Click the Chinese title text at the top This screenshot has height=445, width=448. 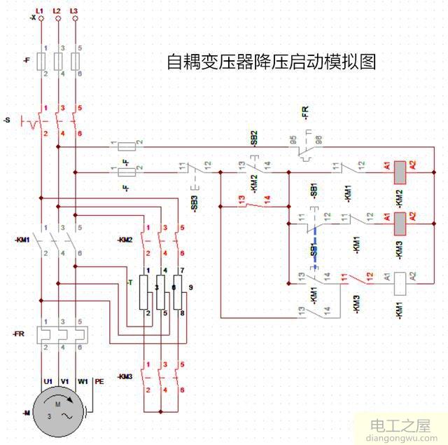pos(271,62)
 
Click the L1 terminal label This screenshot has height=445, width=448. pos(40,11)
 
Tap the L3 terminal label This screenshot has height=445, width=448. pos(74,11)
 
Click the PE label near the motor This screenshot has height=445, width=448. pos(99,382)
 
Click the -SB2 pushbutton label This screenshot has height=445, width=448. pos(254,137)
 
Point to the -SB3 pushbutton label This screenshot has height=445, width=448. pos(195,203)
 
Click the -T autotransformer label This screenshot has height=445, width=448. pos(129,282)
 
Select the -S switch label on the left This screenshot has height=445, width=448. pos(6,121)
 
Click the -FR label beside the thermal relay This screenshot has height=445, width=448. pos(19,334)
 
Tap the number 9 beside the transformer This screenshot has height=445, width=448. pos(190,287)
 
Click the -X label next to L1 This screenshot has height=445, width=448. pos(33,18)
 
